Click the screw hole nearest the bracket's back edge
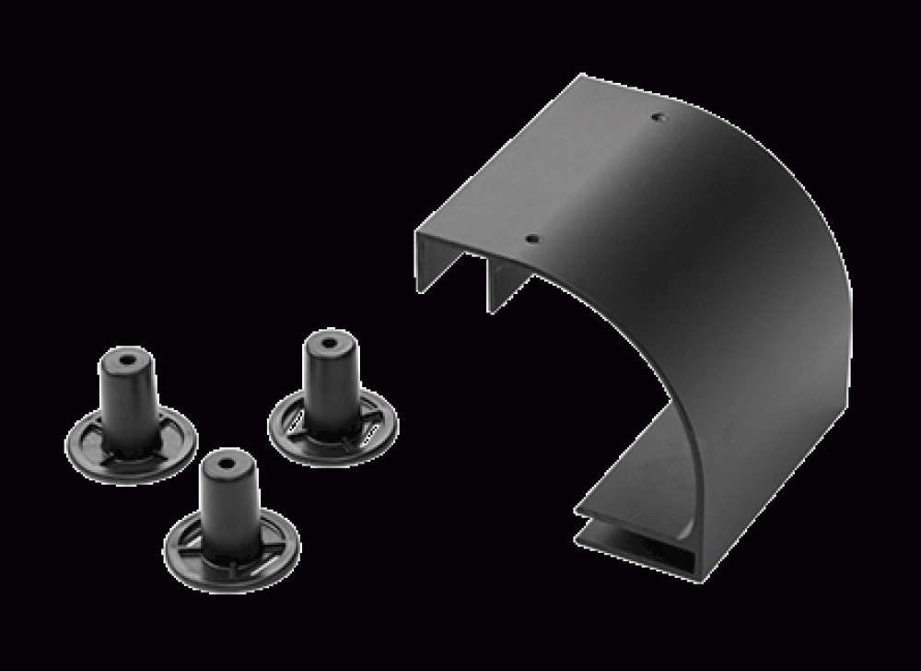click(x=657, y=117)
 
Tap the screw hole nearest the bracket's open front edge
click(x=531, y=238)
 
